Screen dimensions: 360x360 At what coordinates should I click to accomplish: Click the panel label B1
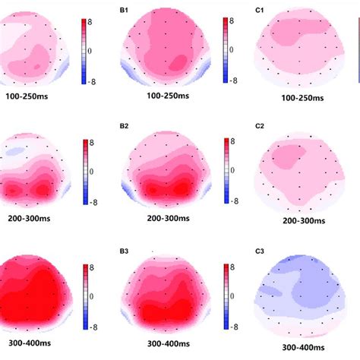(x=123, y=9)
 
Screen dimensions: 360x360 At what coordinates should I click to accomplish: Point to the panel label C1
(x=261, y=9)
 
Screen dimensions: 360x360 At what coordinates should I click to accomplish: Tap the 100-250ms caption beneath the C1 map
(x=302, y=98)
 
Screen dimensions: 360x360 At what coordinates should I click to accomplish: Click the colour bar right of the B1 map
(x=226, y=49)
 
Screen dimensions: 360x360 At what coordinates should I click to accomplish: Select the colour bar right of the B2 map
(x=226, y=171)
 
